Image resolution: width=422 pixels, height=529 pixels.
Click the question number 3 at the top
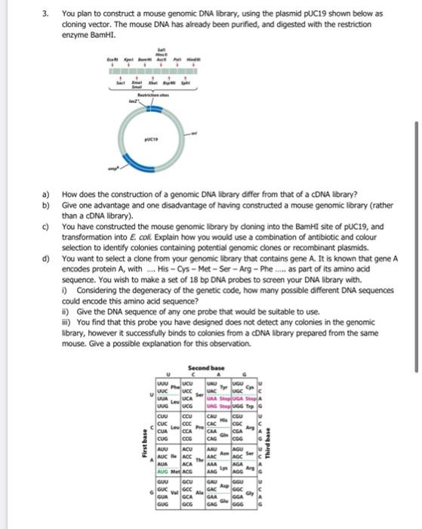tap(46, 14)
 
